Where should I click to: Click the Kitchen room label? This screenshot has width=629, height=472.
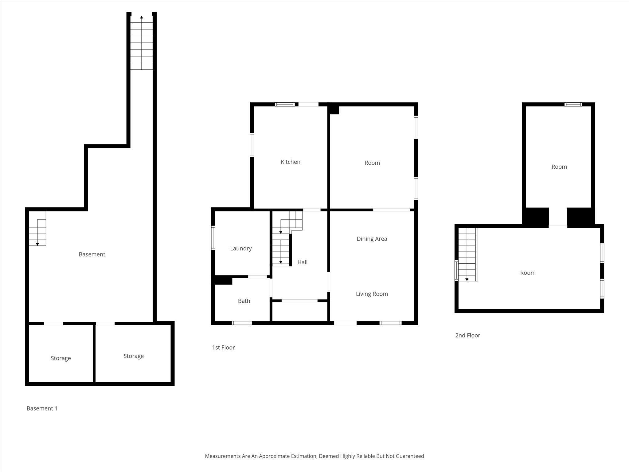(290, 162)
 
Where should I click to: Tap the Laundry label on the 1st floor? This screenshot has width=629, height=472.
(241, 248)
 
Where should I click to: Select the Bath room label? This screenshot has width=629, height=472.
(244, 301)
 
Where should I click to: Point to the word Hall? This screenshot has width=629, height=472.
(302, 262)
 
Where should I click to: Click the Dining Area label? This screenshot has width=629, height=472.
(372, 239)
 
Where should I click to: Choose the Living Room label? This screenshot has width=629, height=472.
(372, 294)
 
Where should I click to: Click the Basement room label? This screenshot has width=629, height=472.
(92, 254)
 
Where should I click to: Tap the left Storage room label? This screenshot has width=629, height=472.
(61, 358)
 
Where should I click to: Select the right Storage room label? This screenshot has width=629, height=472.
(134, 356)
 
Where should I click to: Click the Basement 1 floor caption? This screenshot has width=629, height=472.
(42, 408)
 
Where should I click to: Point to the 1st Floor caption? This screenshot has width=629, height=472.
(223, 348)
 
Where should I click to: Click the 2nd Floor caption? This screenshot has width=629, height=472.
(467, 335)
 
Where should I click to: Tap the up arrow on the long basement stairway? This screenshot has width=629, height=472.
(142, 17)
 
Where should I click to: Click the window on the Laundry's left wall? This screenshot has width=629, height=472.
(213, 238)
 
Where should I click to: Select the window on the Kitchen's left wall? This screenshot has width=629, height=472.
(252, 145)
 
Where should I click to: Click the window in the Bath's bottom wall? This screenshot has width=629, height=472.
(242, 323)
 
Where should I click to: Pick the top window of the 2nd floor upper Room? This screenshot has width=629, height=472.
(573, 104)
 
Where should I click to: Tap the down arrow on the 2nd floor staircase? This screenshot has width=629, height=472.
(467, 279)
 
